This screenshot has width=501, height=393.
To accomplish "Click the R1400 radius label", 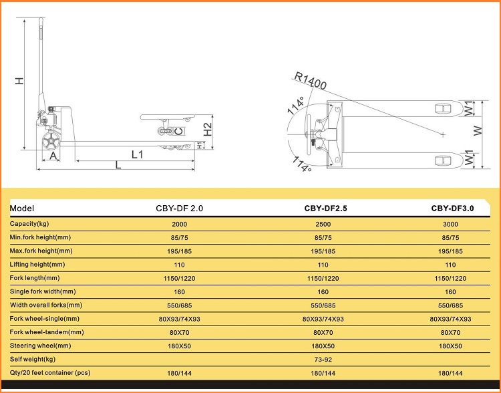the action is tap(310, 80).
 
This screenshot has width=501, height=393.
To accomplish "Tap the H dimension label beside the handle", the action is tap(20, 81).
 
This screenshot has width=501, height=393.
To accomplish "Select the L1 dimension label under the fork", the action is tap(138, 155).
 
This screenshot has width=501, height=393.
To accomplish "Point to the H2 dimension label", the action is tap(208, 130).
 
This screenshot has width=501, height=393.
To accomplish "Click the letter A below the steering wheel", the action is tap(53, 156).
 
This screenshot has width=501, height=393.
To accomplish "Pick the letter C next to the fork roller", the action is tap(180, 131).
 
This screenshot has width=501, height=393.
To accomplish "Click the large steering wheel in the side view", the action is tap(51, 141).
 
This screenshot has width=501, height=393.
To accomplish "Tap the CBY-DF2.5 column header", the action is tap(325, 209).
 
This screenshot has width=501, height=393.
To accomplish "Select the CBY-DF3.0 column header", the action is tap(452, 209).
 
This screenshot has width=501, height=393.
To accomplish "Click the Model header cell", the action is tap(22, 209).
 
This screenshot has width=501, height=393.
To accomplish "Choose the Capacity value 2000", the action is tap(179, 224).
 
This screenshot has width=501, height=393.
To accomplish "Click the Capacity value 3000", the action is tap(450, 224).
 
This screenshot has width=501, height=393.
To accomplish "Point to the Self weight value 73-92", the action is tap(323, 360).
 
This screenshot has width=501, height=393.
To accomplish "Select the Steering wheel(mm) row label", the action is tap(40, 346).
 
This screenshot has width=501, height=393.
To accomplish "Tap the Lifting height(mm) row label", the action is tap(37, 265).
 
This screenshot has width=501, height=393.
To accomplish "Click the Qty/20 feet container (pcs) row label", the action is tap(50, 373).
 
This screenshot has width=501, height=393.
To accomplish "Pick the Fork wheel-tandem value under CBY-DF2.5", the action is tap(323, 333).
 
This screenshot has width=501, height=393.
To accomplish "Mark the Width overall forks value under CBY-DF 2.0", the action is tap(179, 305).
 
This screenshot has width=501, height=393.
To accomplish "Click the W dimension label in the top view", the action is tap(478, 130).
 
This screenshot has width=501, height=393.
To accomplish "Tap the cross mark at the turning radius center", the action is tap(443, 134).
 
